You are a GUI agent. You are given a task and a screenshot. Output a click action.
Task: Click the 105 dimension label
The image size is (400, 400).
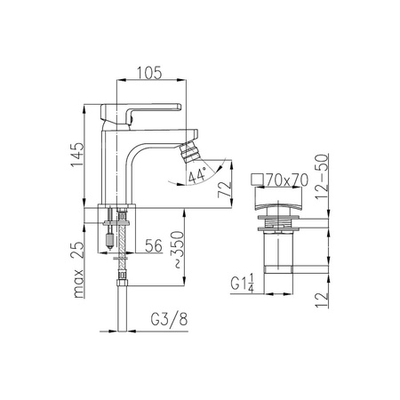(x=149, y=73)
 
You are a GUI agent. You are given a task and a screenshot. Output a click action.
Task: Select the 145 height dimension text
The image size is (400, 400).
(x=77, y=155)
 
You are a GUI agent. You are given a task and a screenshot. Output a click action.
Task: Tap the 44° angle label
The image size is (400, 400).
(x=197, y=175)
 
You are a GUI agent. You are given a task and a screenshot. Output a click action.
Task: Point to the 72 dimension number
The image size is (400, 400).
(x=224, y=190)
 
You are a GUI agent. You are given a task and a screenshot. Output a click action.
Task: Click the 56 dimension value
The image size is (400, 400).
(x=154, y=245)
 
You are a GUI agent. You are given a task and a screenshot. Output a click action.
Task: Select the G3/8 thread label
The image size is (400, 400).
(x=169, y=320)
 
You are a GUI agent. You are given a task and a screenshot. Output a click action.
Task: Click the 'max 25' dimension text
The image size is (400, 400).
(x=78, y=269)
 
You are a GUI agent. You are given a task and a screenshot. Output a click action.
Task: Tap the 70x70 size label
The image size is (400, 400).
(x=287, y=180)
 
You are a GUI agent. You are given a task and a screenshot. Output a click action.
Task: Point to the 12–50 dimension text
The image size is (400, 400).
(x=322, y=176)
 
